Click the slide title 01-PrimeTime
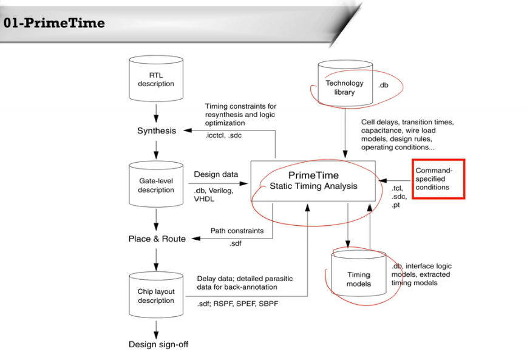tap(54, 23)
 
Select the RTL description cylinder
tap(156, 80)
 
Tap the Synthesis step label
tap(157, 131)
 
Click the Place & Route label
tap(157, 239)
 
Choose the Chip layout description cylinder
tap(156, 296)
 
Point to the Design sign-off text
tap(158, 344)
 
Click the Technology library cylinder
tap(344, 87)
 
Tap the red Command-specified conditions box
tap(438, 179)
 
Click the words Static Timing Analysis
tap(313, 186)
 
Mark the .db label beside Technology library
tap(383, 85)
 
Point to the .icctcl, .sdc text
tap(223, 135)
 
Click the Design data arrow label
tap(216, 175)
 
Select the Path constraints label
tap(237, 231)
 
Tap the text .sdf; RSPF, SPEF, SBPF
tap(237, 304)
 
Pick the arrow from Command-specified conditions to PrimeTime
tap(394, 180)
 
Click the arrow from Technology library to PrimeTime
tap(345, 134)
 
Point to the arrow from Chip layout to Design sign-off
tap(157, 328)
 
